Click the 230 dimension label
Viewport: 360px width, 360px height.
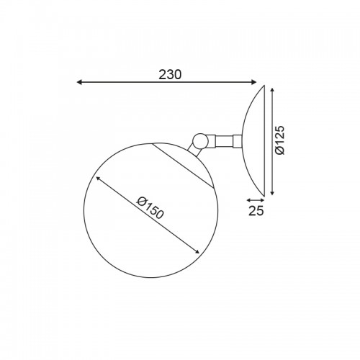tap(170, 75)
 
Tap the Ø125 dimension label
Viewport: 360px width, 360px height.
tap(279, 140)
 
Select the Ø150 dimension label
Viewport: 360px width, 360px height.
tap(150, 207)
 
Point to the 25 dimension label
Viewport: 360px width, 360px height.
tap(256, 211)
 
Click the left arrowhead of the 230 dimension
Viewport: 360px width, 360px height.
tap(80, 82)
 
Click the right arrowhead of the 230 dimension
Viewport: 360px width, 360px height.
tap(253, 82)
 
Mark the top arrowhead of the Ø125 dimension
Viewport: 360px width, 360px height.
tap(272, 91)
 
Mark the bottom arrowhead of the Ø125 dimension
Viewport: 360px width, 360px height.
tap(272, 192)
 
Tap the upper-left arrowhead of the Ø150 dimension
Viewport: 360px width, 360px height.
tap(98, 179)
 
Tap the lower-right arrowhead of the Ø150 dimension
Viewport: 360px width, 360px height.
tap(197, 251)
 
